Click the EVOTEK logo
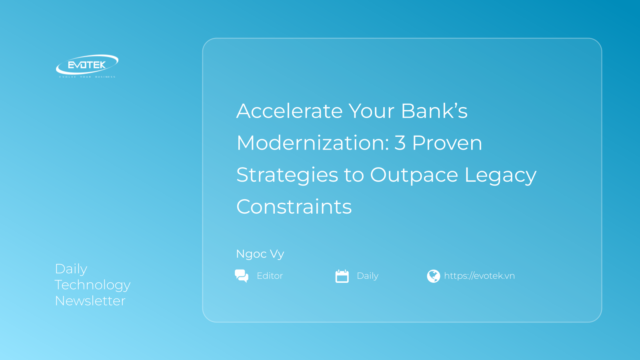(87, 66)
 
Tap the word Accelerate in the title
(290, 111)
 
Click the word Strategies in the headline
(287, 175)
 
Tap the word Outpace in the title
(414, 175)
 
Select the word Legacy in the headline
(500, 175)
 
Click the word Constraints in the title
(294, 206)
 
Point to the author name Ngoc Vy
(260, 254)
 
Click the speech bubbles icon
(242, 276)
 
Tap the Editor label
(270, 276)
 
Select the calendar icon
(342, 276)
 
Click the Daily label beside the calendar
(368, 276)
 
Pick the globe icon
(434, 276)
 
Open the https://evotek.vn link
(480, 276)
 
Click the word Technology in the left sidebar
(92, 285)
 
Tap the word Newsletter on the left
(90, 301)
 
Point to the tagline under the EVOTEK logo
(87, 77)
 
